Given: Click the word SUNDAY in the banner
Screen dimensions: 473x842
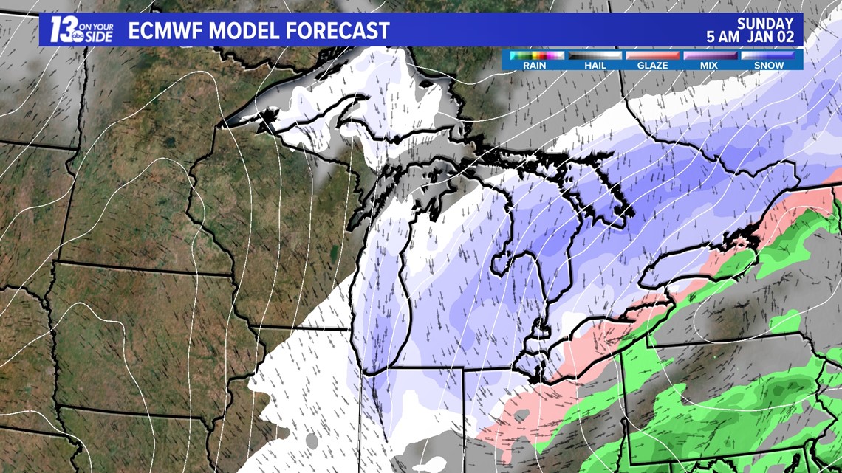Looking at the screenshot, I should point(764,24).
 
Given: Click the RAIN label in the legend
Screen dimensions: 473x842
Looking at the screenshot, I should point(534,65).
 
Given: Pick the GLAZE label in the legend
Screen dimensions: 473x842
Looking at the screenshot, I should point(652,65).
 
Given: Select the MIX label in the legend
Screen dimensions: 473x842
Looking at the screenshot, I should point(710,65).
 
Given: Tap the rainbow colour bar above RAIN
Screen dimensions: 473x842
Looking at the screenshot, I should point(534,55).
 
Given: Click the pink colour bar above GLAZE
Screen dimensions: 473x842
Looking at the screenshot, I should point(652,55).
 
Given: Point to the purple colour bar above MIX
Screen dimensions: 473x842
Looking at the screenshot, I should point(710,55).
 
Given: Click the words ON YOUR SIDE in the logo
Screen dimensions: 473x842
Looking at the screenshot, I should point(97,30).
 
